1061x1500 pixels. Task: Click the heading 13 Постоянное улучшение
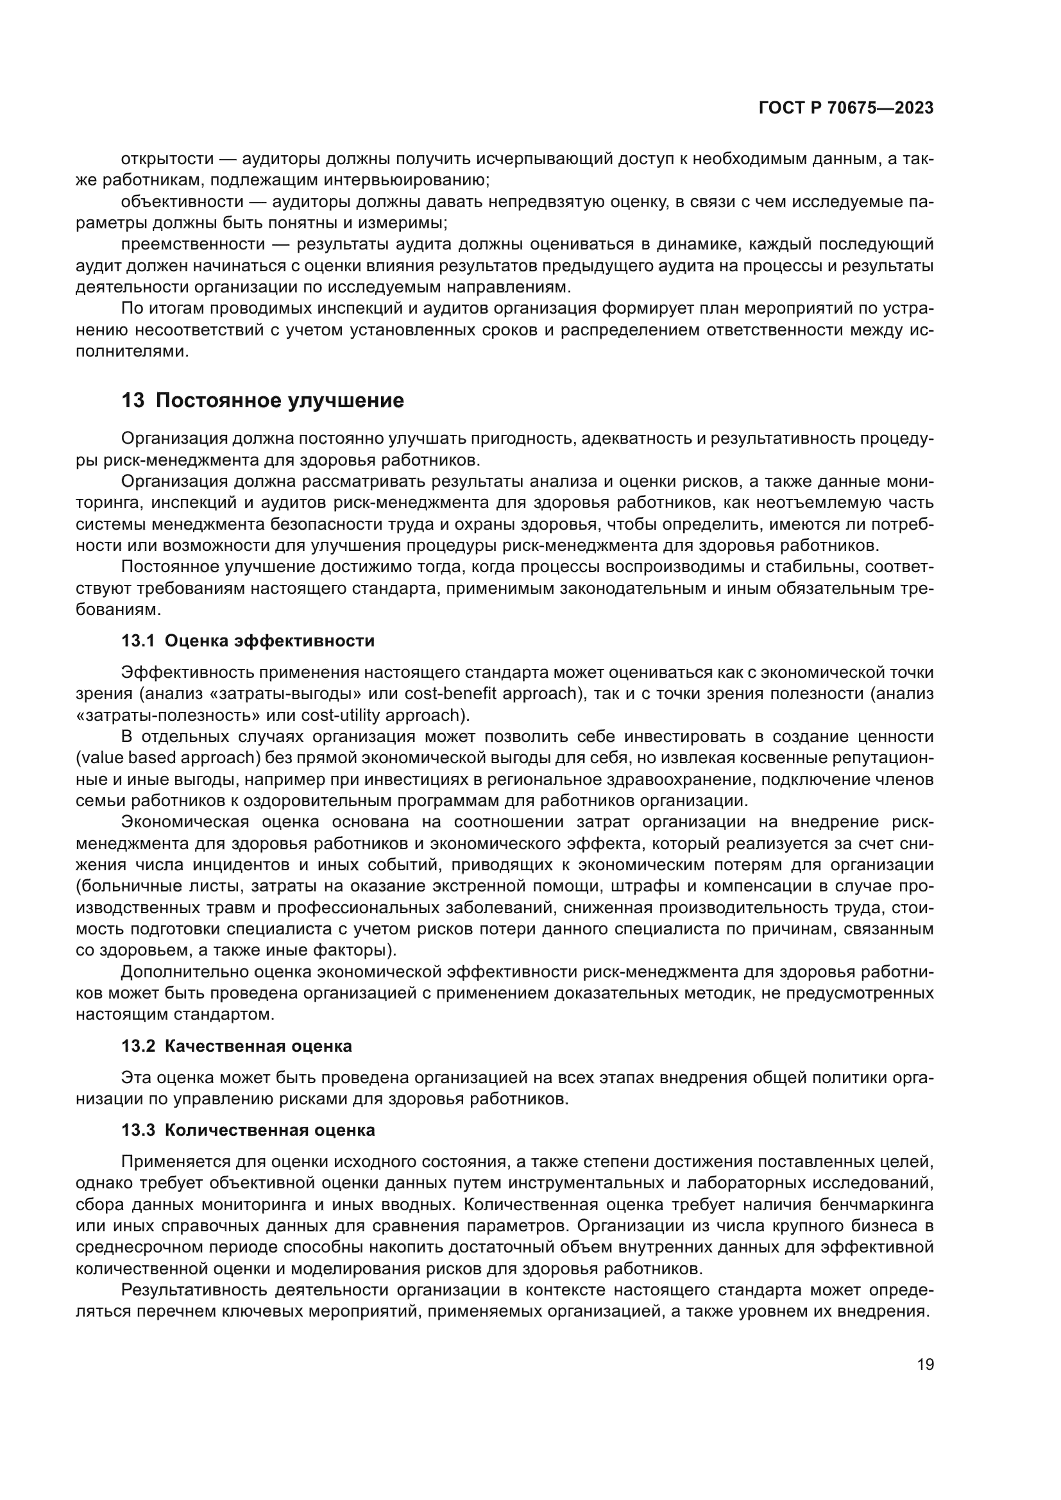point(262,400)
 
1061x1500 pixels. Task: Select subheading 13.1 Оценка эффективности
point(248,641)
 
